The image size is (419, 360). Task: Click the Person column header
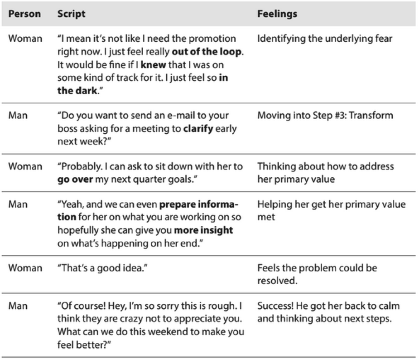click(x=24, y=14)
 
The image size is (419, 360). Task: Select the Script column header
click(x=72, y=14)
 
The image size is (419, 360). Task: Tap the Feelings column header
click(x=277, y=14)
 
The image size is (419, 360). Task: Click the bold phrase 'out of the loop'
click(x=207, y=52)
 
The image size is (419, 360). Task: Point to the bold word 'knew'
click(x=154, y=65)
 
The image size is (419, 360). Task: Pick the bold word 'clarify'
click(x=198, y=129)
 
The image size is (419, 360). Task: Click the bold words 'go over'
click(x=75, y=180)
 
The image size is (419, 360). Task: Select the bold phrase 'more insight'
click(x=204, y=230)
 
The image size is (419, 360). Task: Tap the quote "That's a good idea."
click(x=102, y=268)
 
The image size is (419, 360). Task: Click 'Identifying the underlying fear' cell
click(x=325, y=39)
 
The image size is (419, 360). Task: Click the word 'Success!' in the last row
click(x=275, y=306)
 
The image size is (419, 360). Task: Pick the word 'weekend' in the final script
click(x=167, y=331)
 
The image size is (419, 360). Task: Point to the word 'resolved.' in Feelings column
click(x=277, y=281)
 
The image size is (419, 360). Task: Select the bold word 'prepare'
click(x=177, y=204)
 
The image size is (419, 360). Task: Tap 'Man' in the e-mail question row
click(x=18, y=116)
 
